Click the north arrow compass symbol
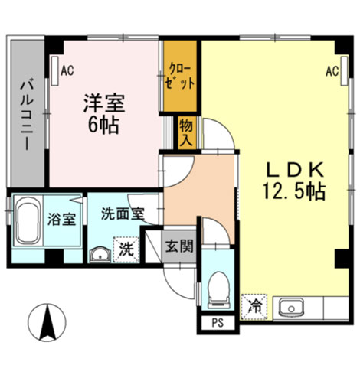pos(47,322)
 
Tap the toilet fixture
pos(218,289)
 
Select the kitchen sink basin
pos(291,308)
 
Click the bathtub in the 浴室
pos(28,220)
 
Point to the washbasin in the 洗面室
pos(100,253)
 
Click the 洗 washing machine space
pos(126,249)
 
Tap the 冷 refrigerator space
pos(254,307)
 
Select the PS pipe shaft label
pos(218,323)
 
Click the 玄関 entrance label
pos(179,246)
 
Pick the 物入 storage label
pos(185,132)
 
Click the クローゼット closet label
pos(180,77)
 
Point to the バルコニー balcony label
pos(27,115)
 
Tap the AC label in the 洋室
pos(67,70)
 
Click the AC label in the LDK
pos(332,71)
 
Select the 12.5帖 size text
pos(294,191)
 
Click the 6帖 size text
pos(103,125)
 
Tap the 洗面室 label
pos(123,214)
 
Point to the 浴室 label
pos(61,220)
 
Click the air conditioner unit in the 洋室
pos(55,70)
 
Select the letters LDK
pos(295,170)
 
